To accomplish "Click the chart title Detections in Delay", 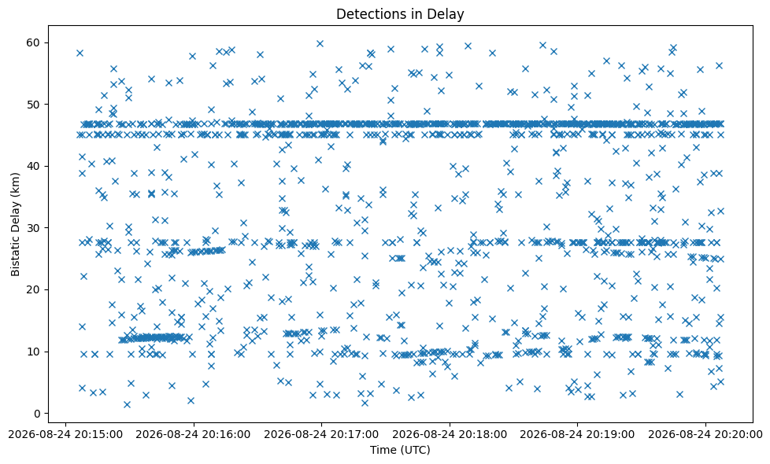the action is pyautogui.click(x=400, y=14).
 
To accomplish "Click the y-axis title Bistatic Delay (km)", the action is pyautogui.click(x=15, y=224).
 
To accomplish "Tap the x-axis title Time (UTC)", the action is pyautogui.click(x=400, y=450).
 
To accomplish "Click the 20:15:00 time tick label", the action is pyautogui.click(x=65, y=435).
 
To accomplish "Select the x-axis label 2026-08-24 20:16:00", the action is pyautogui.click(x=194, y=435).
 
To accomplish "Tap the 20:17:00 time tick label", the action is pyautogui.click(x=322, y=435).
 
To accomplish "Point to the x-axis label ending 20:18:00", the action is pyautogui.click(x=450, y=435).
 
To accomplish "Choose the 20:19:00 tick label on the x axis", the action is pyautogui.click(x=578, y=435).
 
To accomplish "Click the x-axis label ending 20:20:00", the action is pyautogui.click(x=705, y=435).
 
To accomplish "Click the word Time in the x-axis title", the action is pyautogui.click(x=381, y=450).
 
